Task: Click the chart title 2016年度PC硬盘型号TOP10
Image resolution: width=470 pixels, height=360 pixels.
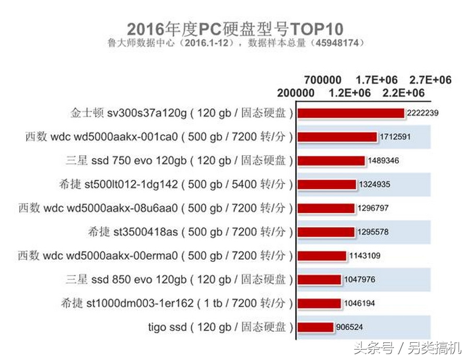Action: tap(235, 27)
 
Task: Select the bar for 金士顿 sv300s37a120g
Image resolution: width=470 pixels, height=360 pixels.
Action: tap(351, 113)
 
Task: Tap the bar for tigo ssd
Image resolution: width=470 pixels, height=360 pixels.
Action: tap(316, 327)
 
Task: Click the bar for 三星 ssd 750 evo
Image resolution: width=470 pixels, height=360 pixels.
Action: tap(332, 160)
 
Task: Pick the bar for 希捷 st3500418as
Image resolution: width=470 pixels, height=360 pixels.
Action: tap(327, 231)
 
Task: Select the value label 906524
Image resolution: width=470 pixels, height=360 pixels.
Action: tap(349, 328)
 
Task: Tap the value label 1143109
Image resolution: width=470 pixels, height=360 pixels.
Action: tap(363, 256)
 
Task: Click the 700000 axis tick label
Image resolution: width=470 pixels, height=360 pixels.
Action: tap(323, 80)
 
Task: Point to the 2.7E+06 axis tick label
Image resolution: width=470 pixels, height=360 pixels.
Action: tap(430, 80)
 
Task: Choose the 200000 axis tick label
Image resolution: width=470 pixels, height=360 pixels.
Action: tap(296, 93)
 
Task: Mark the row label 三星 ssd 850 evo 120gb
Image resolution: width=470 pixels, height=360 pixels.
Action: tap(179, 279)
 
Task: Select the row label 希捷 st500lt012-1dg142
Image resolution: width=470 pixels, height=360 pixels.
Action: tap(177, 184)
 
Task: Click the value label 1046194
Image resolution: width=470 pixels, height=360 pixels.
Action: tap(359, 303)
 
